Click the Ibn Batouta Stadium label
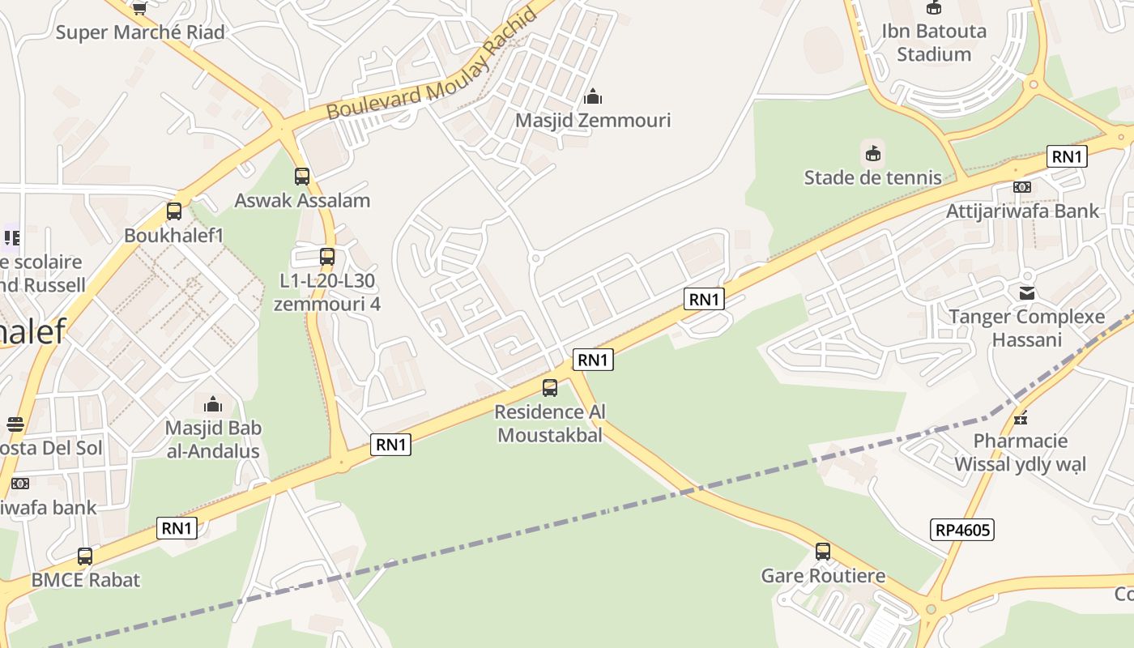tap(934, 43)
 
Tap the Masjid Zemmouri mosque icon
tap(593, 97)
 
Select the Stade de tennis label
tap(872, 177)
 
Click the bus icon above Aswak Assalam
tap(302, 176)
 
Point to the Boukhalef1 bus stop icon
tap(173, 211)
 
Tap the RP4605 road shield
tap(963, 531)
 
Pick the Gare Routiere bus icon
tap(823, 552)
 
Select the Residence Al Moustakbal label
tap(550, 423)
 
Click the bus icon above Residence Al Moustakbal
tap(550, 388)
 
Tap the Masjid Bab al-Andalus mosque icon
tap(213, 403)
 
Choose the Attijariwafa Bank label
tap(1023, 211)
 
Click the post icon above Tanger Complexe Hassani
tap(1027, 292)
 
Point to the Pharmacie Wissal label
tap(1021, 452)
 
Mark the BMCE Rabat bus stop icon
tap(85, 556)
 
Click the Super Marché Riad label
tap(140, 32)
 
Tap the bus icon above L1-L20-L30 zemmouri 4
tap(327, 257)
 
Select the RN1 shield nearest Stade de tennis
tap(1066, 157)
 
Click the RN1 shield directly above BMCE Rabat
tap(177, 529)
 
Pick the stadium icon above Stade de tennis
tap(872, 152)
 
